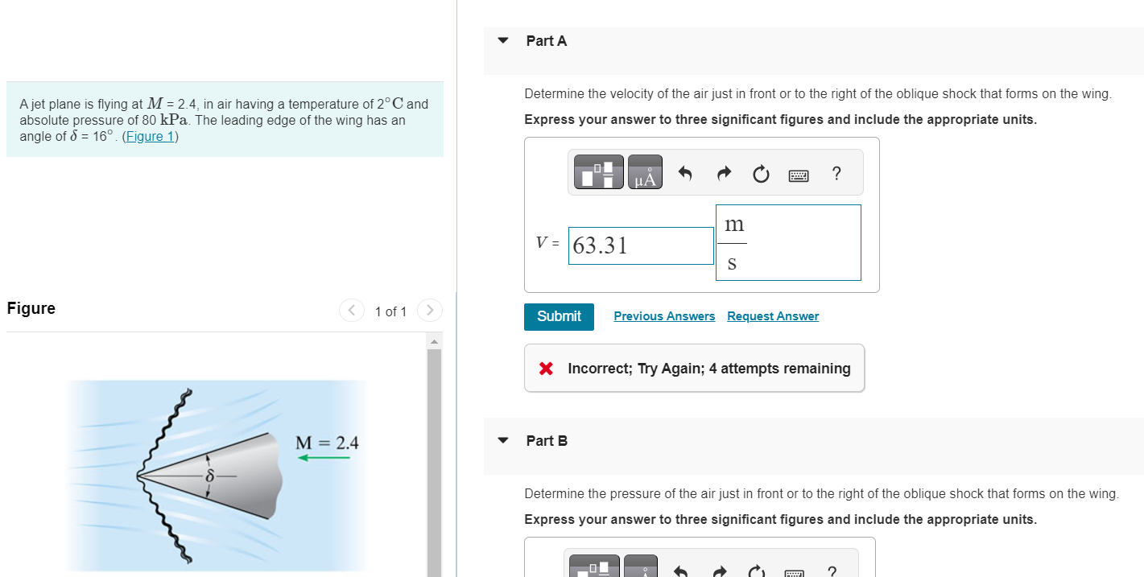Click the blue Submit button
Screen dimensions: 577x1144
(x=559, y=316)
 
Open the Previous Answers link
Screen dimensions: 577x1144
(x=663, y=316)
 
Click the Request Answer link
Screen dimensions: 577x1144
(x=772, y=316)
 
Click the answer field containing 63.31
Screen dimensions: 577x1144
(x=640, y=245)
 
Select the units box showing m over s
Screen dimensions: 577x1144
(x=787, y=242)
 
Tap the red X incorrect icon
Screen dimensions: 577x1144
(x=546, y=369)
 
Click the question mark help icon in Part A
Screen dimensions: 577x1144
(x=836, y=173)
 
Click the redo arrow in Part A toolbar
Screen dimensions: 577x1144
(x=722, y=173)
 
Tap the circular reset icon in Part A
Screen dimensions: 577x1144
(x=761, y=173)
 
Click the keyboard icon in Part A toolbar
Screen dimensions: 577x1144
(x=799, y=174)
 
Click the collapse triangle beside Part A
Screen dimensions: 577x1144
(x=503, y=40)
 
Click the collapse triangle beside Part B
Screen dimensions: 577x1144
(x=503, y=440)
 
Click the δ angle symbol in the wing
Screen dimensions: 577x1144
(x=209, y=476)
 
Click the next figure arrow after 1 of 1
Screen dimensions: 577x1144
(x=430, y=310)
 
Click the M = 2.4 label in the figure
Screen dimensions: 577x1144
(x=327, y=443)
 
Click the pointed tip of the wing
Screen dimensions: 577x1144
(x=140, y=476)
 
